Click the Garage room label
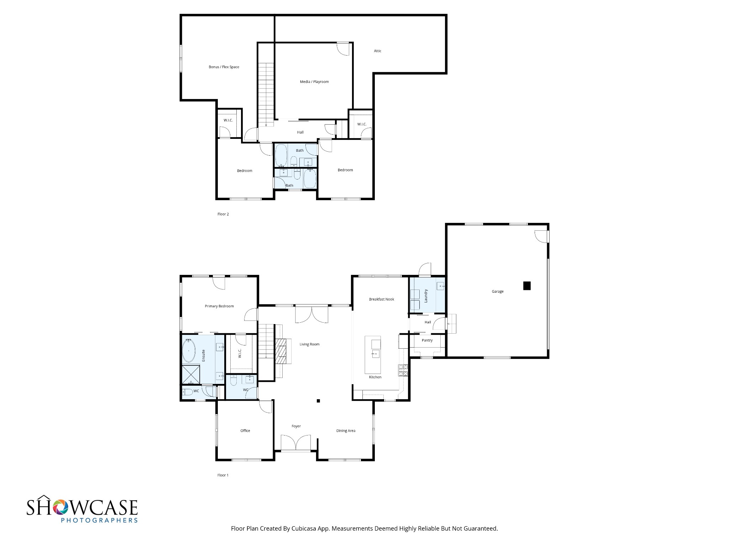(498, 291)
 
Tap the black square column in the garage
(527, 286)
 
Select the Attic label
(378, 51)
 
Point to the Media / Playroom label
(314, 82)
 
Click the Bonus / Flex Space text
(224, 67)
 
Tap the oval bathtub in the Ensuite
(189, 350)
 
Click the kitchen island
(373, 354)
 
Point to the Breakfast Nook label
(382, 299)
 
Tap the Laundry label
(426, 296)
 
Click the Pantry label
(427, 340)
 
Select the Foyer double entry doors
(296, 443)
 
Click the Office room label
(245, 431)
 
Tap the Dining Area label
(346, 431)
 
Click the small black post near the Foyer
(319, 401)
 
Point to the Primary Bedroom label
(219, 306)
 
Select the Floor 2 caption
(223, 214)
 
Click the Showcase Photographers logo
(82, 509)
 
